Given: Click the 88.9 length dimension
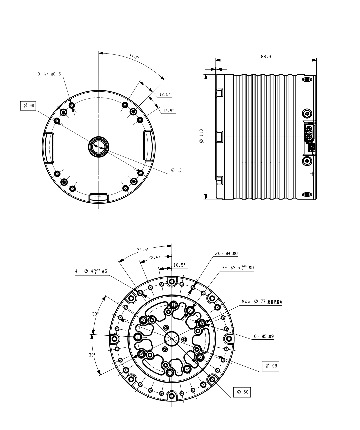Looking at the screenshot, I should click(x=266, y=57).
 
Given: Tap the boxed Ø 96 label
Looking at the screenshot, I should click(x=28, y=106).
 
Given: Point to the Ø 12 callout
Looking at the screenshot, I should click(x=176, y=170).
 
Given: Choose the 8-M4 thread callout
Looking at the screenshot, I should click(x=49, y=75).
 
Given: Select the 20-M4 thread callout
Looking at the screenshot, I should click(x=226, y=254).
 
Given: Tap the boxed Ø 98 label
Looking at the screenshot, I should click(x=270, y=366).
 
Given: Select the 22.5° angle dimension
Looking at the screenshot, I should click(x=154, y=257).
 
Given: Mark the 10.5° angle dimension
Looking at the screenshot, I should click(x=179, y=265).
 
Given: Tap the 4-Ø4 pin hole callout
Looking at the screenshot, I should click(x=91, y=271).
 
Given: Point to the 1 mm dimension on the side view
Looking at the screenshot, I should click(x=206, y=66).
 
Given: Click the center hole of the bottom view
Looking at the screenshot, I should click(x=172, y=338).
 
